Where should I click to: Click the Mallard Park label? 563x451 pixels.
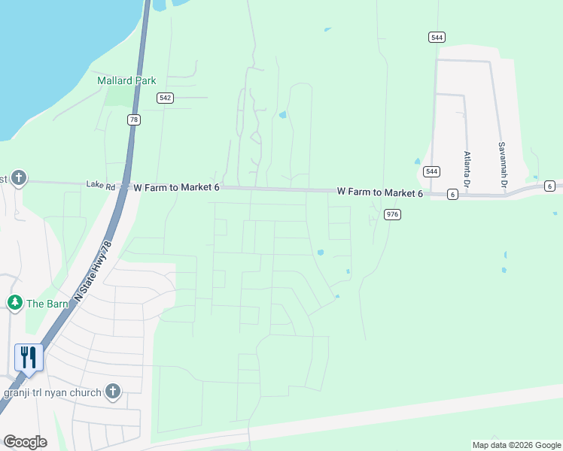[x=126, y=80]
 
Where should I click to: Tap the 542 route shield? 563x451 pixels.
[x=166, y=98]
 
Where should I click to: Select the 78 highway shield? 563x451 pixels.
[x=134, y=120]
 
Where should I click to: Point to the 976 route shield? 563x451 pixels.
[x=391, y=214]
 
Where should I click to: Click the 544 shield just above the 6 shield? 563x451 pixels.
[x=431, y=171]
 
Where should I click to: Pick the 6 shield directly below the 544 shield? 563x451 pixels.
[x=452, y=194]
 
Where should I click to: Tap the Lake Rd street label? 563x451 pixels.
[x=100, y=184]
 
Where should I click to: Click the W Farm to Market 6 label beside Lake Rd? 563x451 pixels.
[x=176, y=186]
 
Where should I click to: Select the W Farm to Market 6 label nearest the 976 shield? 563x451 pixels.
[x=379, y=193]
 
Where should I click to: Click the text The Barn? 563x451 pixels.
[x=47, y=304]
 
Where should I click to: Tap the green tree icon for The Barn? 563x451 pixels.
[x=14, y=303]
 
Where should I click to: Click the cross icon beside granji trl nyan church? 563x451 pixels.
[x=113, y=391]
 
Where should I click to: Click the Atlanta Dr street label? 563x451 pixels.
[x=467, y=169]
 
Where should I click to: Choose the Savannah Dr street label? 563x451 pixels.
[x=501, y=165]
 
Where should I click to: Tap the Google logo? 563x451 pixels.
[x=25, y=442]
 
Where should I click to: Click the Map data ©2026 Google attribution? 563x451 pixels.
[x=516, y=445]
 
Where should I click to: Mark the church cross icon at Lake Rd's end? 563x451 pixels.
[x=19, y=179]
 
